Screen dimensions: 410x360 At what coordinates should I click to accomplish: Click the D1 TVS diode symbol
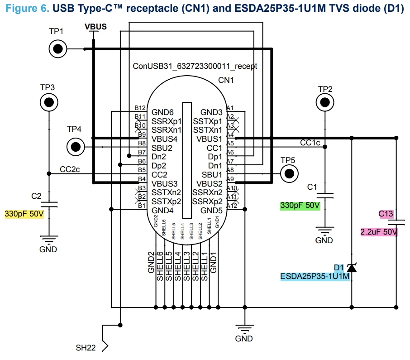pyautogui.click(x=352, y=268)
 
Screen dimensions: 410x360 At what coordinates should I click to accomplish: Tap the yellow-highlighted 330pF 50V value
pyautogui.click(x=24, y=214)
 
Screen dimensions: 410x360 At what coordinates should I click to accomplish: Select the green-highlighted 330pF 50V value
pyautogui.click(x=300, y=206)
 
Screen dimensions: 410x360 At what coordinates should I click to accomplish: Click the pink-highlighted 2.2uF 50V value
pyautogui.click(x=379, y=232)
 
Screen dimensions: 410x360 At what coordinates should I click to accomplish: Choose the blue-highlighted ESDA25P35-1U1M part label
pyautogui.click(x=315, y=277)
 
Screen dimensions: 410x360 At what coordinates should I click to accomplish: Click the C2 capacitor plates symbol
pyautogui.click(x=49, y=205)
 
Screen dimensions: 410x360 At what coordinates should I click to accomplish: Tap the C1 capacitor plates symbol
pyautogui.click(x=325, y=196)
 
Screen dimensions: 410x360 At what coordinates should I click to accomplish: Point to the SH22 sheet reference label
pyautogui.click(x=86, y=348)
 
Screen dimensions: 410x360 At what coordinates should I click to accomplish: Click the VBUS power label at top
pyautogui.click(x=95, y=27)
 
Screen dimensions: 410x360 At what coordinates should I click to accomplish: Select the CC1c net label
pyautogui.click(x=310, y=143)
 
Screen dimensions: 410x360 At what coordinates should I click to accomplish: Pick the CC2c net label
pyautogui.click(x=70, y=169)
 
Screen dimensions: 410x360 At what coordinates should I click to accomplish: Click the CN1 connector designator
pyautogui.click(x=226, y=80)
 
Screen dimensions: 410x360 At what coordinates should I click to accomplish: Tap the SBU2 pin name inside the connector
pyautogui.click(x=162, y=148)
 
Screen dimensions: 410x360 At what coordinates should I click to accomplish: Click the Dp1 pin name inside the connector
pyautogui.click(x=215, y=157)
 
